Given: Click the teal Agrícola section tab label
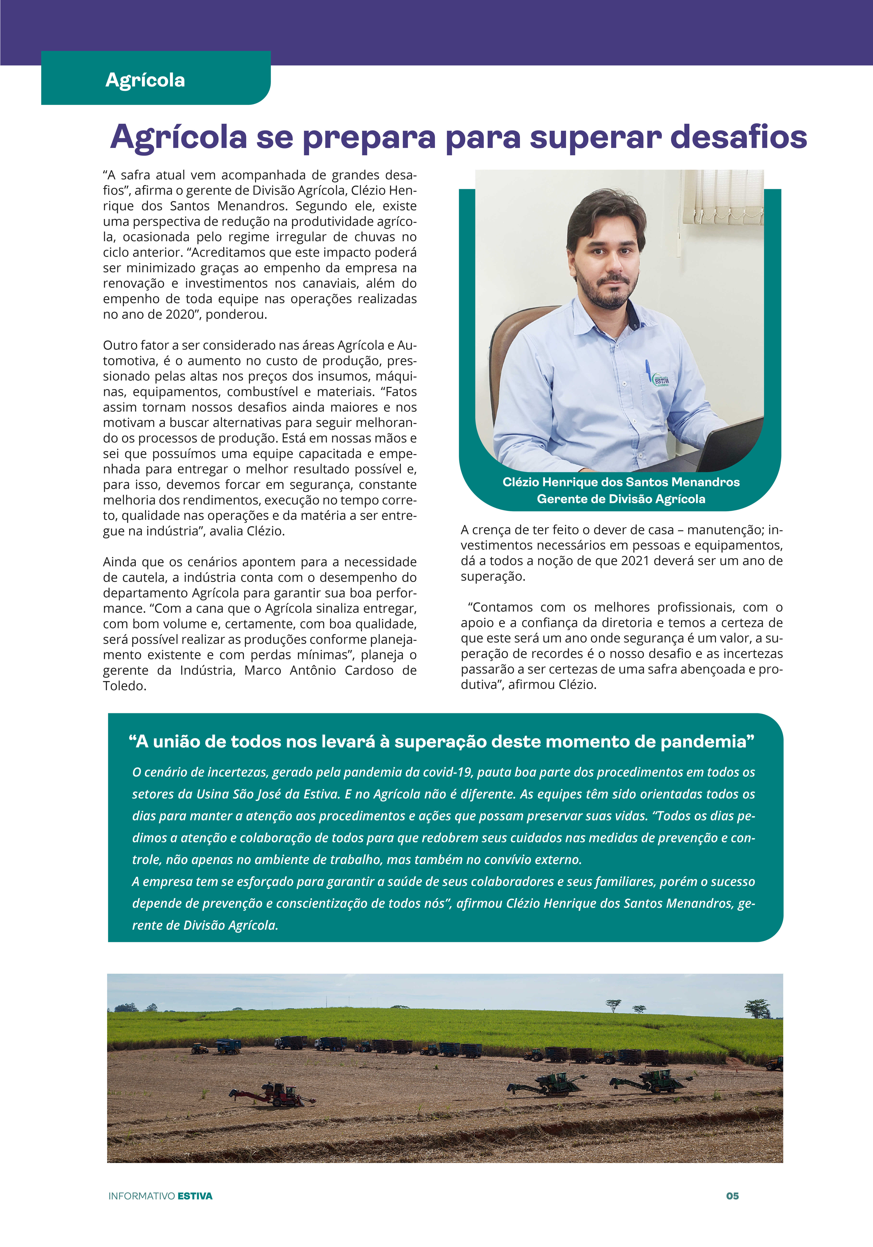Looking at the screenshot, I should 145,80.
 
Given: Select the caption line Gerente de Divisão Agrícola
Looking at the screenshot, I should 621,499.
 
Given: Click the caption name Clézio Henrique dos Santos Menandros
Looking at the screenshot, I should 621,482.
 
